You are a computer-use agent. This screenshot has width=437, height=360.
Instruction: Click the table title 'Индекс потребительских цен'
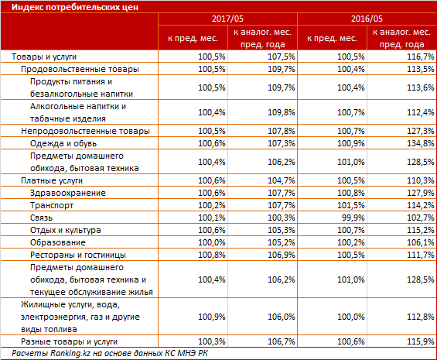tap(75, 7)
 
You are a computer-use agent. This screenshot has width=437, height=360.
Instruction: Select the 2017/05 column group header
tap(227, 19)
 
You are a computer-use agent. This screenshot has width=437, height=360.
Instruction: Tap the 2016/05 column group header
tap(367, 19)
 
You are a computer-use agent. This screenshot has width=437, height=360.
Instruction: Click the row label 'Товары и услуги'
tap(44, 57)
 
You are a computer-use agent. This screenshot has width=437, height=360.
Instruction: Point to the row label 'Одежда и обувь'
tap(63, 143)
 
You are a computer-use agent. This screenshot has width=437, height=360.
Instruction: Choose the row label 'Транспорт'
tap(52, 205)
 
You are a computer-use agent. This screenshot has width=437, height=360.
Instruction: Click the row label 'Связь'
tap(41, 218)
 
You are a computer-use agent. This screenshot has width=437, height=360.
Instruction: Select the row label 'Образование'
tap(58, 242)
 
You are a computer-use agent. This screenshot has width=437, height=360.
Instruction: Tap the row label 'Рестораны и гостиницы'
tap(78, 255)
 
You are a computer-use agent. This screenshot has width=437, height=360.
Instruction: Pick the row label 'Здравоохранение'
tap(68, 193)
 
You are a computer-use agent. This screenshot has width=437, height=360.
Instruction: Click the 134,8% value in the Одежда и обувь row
tap(420, 143)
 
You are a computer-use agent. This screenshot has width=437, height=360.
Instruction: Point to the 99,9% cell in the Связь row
tap(353, 218)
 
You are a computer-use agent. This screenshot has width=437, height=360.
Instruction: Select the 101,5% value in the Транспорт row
tap(350, 205)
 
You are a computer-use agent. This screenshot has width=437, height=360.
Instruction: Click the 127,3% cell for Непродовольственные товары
tap(420, 131)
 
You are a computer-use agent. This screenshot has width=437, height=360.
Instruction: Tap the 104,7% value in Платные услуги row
tap(281, 180)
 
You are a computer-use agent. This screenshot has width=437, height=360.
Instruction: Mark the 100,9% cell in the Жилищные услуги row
tap(211, 317)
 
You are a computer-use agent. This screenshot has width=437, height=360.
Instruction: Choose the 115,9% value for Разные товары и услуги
tap(420, 341)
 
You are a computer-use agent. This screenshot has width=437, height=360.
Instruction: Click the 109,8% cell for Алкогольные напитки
tap(281, 112)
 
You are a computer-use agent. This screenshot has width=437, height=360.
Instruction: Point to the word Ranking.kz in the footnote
tap(70, 353)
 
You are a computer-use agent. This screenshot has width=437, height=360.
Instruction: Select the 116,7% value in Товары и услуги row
tap(420, 57)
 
